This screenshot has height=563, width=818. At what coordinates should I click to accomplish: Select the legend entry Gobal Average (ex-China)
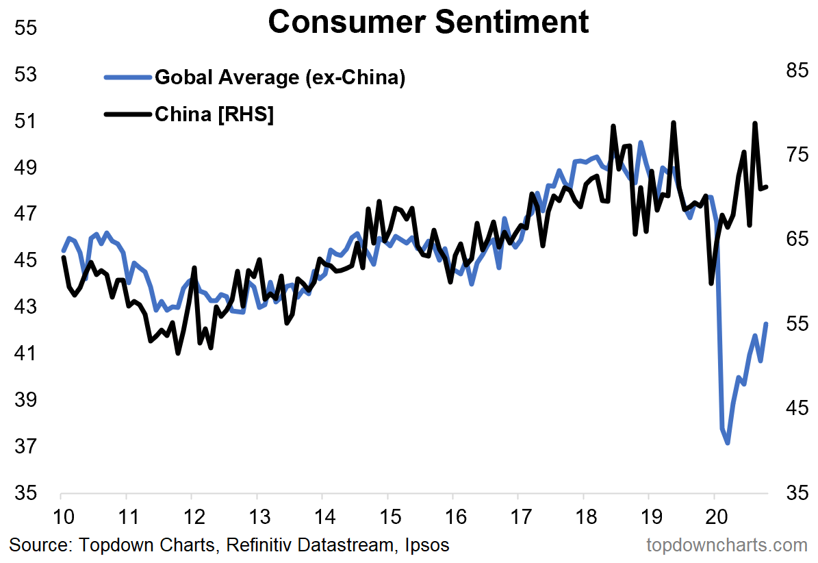[x=281, y=77]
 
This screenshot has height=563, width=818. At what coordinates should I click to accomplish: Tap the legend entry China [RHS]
[x=214, y=114]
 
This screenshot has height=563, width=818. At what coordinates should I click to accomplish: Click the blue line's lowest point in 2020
[x=728, y=442]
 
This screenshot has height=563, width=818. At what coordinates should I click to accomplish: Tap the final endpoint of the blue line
[x=767, y=324]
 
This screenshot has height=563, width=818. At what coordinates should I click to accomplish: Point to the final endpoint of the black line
[x=767, y=186]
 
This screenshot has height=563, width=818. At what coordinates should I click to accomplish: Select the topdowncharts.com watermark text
[x=727, y=545]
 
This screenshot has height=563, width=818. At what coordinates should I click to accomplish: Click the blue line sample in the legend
[x=127, y=77]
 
